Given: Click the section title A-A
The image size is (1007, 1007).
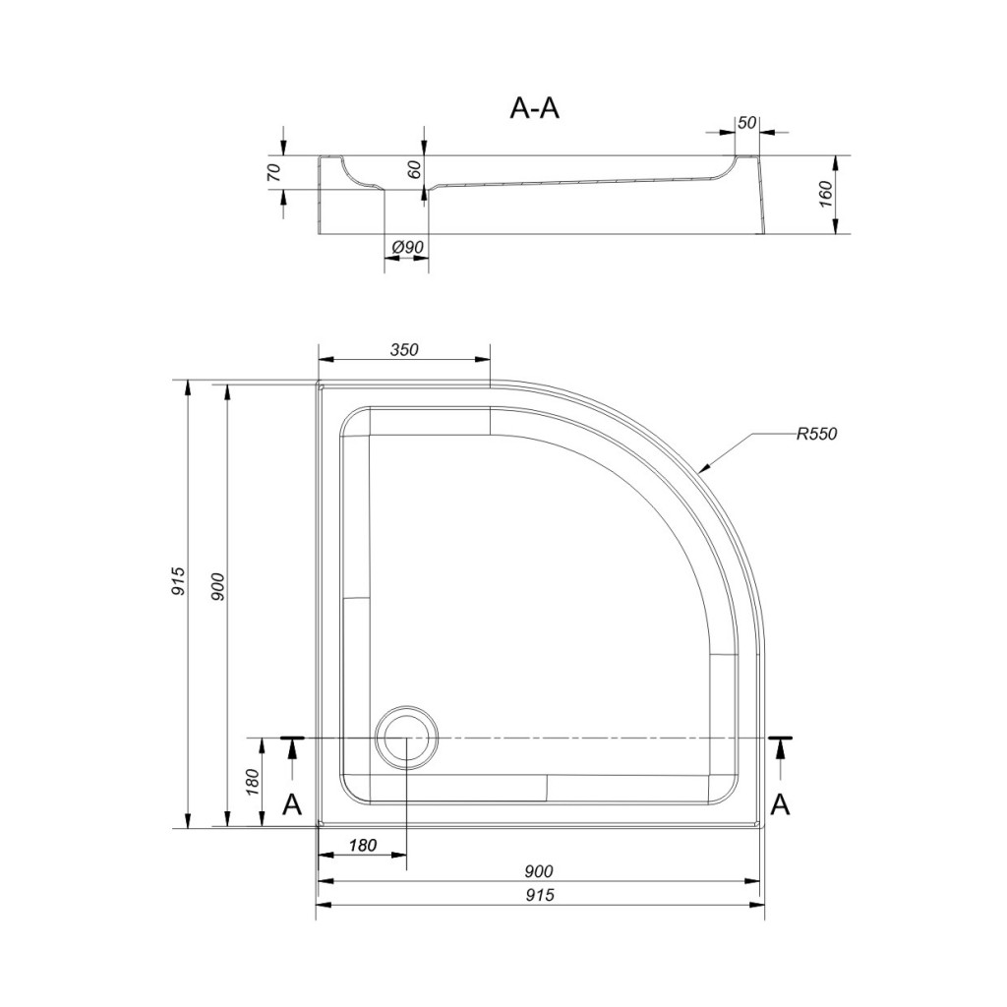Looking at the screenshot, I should (534, 108).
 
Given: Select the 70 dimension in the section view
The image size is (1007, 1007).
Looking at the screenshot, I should (274, 172).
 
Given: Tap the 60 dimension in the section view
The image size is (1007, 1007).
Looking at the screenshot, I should (414, 170).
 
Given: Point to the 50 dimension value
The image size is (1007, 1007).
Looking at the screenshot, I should (746, 123).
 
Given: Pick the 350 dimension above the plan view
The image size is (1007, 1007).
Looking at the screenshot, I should (403, 350).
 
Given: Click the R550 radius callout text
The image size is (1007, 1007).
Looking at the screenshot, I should (816, 434).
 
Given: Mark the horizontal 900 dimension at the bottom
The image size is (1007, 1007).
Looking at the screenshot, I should (539, 871).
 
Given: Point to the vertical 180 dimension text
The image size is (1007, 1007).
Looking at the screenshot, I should (253, 782).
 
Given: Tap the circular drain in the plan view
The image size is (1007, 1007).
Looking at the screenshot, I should (405, 738).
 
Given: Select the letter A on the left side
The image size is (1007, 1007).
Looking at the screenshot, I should (291, 804).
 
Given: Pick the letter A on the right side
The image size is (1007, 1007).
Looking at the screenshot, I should (780, 804).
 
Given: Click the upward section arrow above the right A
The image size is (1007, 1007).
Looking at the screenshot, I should (781, 753).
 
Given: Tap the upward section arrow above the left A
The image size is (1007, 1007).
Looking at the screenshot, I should (291, 753).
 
